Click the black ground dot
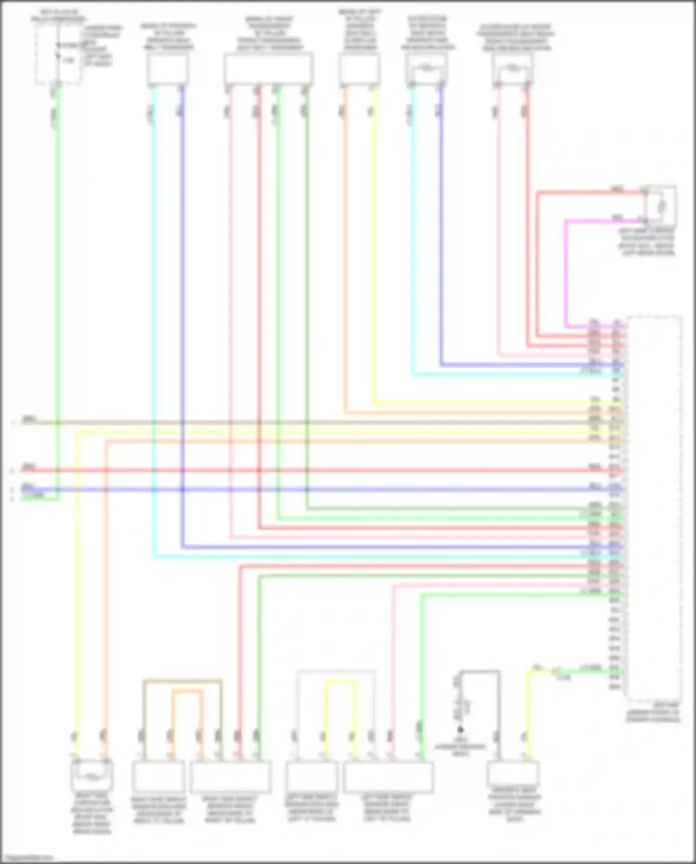point(460,729)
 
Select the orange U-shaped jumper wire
point(187,691)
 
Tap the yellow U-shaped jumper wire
point(341,681)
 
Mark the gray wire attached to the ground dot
point(478,671)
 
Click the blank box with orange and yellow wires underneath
point(359,69)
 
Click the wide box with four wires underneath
point(268,69)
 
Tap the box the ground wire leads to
point(513,774)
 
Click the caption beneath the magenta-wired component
point(648,242)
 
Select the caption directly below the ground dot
point(460,747)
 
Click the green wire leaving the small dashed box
point(58,279)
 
